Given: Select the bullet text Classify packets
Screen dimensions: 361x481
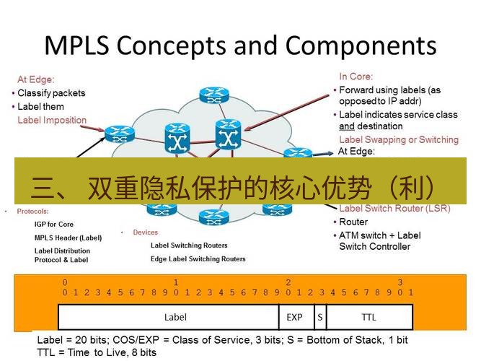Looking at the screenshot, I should click(x=51, y=93).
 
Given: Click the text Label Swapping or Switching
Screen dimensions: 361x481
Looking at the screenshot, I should click(x=398, y=139).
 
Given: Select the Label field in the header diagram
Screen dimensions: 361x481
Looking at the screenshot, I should click(x=175, y=317).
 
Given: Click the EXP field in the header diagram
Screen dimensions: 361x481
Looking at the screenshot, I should click(x=294, y=317).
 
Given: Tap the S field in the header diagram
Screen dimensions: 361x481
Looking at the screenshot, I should click(x=319, y=317).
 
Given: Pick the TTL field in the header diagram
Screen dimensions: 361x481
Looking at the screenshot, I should click(x=369, y=317).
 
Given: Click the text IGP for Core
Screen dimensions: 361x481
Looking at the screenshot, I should click(x=54, y=225).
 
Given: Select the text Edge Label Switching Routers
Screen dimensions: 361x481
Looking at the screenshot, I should click(x=198, y=258).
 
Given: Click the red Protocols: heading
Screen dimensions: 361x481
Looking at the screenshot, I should click(x=32, y=212).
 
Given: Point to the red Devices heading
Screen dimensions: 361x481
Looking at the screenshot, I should click(x=145, y=232).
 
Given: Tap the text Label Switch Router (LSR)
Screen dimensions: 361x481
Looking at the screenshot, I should click(x=394, y=209).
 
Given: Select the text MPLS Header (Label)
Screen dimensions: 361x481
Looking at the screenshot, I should click(x=69, y=238).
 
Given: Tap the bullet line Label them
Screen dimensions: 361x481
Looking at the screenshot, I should click(x=40, y=107).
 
